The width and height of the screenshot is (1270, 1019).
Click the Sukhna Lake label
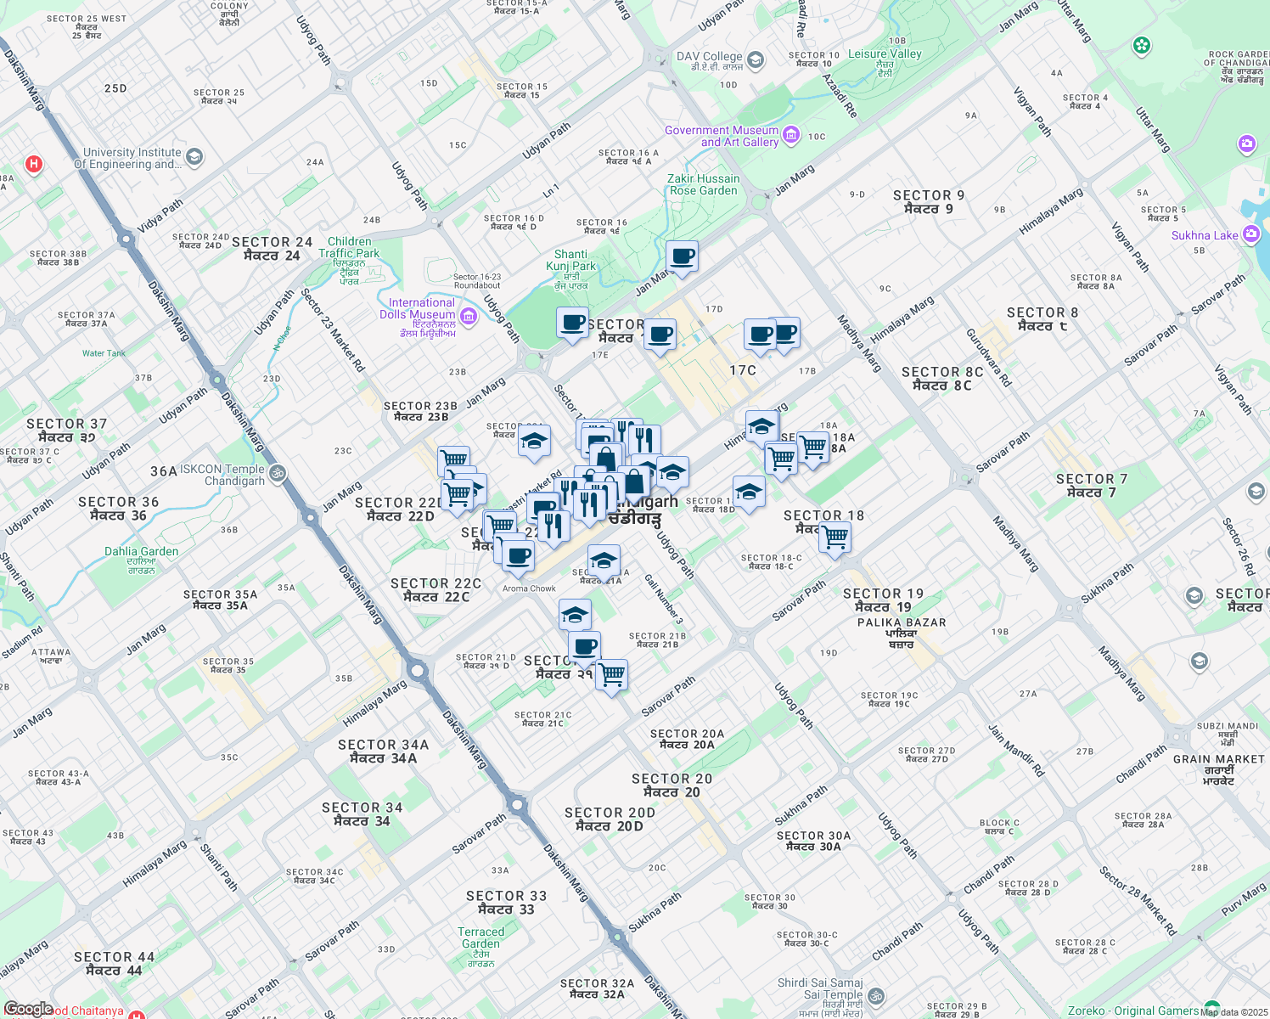(x=1205, y=235)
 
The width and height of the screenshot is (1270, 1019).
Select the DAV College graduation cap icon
(x=756, y=60)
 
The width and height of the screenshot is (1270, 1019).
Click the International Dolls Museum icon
(x=469, y=316)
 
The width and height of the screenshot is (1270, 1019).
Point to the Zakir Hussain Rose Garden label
(x=703, y=184)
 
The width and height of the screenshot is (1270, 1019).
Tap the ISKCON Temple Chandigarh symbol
(x=277, y=473)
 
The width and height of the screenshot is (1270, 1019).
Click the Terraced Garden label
(x=480, y=937)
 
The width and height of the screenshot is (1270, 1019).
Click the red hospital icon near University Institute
(x=34, y=164)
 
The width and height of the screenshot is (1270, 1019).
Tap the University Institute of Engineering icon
(x=194, y=157)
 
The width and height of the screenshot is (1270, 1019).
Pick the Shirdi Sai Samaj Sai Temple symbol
(x=876, y=995)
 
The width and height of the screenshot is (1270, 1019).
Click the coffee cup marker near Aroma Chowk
(x=517, y=556)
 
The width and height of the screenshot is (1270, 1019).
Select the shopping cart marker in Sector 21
(x=611, y=676)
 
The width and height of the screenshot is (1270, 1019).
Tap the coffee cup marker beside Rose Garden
(x=682, y=256)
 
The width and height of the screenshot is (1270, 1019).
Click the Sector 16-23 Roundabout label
(x=477, y=281)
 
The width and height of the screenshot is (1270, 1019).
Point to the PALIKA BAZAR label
(x=902, y=622)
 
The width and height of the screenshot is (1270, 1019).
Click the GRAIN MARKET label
(x=1219, y=759)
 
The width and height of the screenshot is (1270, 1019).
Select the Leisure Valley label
(x=885, y=53)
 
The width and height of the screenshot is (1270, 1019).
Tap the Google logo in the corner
(x=28, y=1009)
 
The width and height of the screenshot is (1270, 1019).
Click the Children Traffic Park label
(x=349, y=247)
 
